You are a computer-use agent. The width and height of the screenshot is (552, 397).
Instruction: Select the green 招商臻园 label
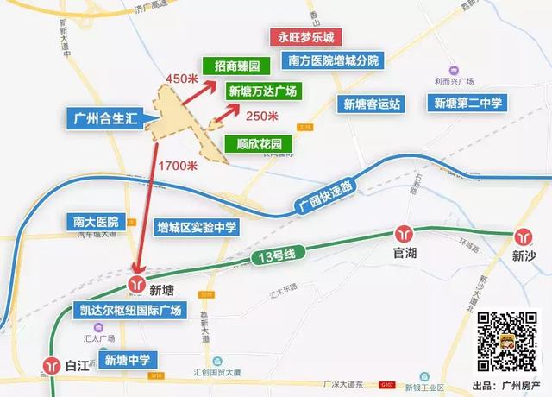(230, 66)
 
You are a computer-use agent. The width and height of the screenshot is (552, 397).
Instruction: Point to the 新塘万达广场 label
(263, 91)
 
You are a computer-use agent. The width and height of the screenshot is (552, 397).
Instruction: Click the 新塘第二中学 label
(467, 104)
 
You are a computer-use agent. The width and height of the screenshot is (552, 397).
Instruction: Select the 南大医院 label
(96, 222)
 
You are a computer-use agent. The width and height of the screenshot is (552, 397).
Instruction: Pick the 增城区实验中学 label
(197, 228)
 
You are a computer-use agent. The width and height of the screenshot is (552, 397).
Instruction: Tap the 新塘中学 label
(128, 359)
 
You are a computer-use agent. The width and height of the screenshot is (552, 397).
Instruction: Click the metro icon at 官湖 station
(404, 233)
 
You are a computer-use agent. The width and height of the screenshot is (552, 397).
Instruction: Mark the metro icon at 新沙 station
(524, 235)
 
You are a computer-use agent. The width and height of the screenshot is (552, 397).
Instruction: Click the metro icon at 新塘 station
(136, 285)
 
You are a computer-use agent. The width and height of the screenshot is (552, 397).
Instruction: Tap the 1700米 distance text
(179, 165)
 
